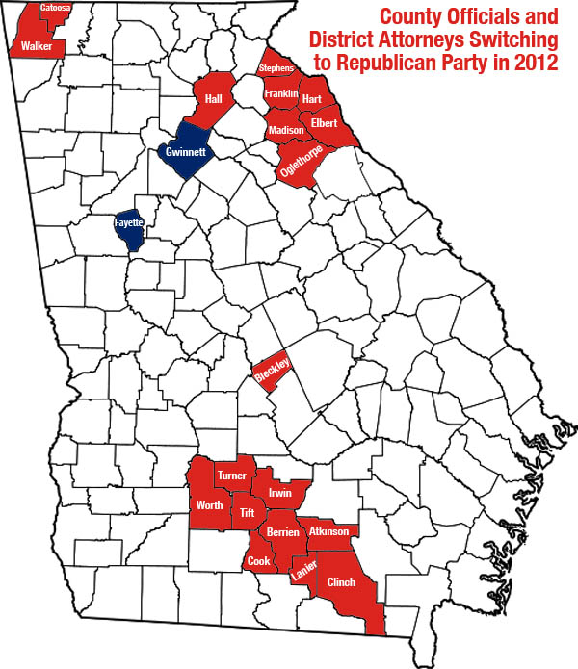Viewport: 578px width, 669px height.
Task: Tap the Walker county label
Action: (x=38, y=45)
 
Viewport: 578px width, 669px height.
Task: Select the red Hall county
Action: (x=212, y=99)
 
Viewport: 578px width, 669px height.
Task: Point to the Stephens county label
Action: (x=276, y=69)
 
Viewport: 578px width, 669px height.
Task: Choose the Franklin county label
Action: (x=281, y=93)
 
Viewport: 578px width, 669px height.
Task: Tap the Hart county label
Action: (x=312, y=99)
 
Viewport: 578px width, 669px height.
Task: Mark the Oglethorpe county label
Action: (x=299, y=160)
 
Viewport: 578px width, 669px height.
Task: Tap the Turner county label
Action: (x=232, y=476)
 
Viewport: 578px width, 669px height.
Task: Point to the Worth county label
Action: (x=210, y=505)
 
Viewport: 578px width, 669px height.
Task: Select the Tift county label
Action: (x=248, y=511)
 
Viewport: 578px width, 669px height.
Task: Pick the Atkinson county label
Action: (x=327, y=530)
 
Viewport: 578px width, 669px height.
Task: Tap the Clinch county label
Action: (x=342, y=582)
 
